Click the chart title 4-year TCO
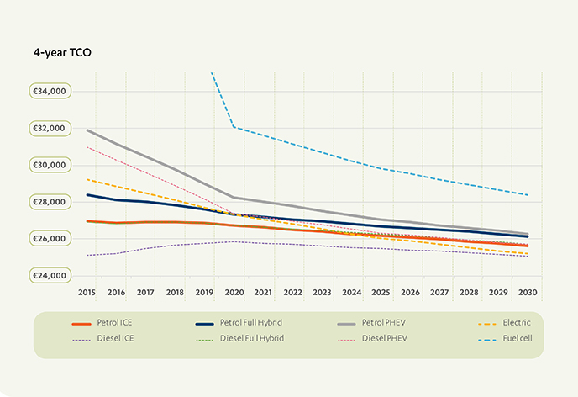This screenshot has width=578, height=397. [62, 52]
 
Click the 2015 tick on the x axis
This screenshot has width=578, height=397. [87, 292]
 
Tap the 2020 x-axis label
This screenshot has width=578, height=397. [234, 292]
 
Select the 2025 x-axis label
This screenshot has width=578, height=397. [381, 292]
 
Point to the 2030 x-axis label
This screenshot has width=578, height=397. [528, 292]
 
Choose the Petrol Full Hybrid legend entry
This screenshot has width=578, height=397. [253, 322]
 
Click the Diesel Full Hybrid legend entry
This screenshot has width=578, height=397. [253, 338]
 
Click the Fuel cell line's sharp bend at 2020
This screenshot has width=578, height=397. [234, 127]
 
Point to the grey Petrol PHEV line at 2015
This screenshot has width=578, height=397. [88, 130]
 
